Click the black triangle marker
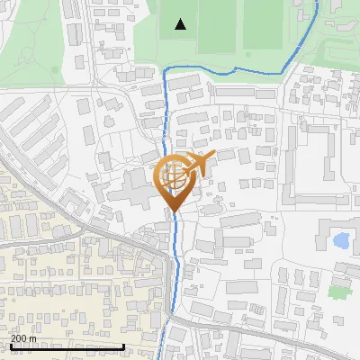click(181, 24)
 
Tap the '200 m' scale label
click(24, 338)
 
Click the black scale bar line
click(67, 346)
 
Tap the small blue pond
click(342, 240)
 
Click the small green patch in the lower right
click(338, 291)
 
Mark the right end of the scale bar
click(123, 346)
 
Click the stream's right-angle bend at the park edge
click(166, 69)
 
